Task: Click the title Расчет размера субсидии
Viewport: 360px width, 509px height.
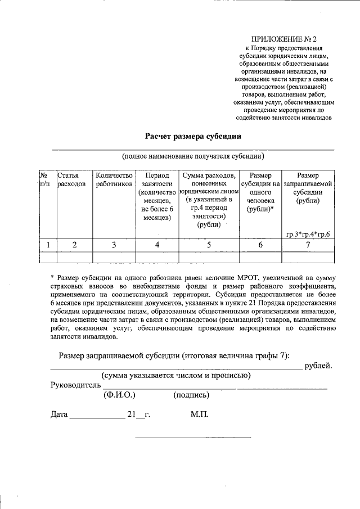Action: [x=193, y=136]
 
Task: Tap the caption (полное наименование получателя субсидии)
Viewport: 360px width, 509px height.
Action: [x=193, y=156]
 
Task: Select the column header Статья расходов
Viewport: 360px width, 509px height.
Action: [x=71, y=179]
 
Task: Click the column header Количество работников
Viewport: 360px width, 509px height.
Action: [x=114, y=179]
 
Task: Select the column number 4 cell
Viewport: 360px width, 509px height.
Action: [x=157, y=244]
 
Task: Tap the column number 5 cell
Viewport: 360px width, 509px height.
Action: [x=209, y=244]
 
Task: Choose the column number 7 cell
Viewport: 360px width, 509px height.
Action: [x=308, y=244]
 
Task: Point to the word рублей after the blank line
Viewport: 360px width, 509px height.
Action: [x=318, y=366]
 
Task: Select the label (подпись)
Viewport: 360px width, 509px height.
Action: [x=191, y=395]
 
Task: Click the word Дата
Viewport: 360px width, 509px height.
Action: [x=59, y=415]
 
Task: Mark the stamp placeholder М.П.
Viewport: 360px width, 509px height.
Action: [x=199, y=415]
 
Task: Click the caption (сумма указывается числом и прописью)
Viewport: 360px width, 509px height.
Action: [x=175, y=375]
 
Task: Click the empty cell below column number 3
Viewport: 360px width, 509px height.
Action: [x=114, y=256]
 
